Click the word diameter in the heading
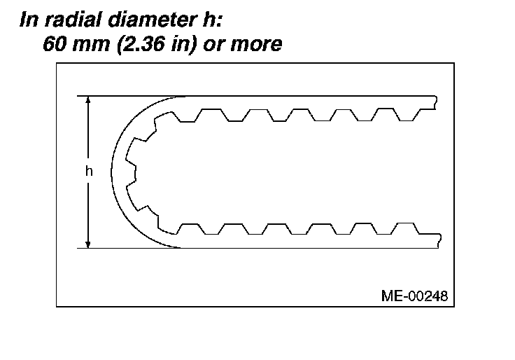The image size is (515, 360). [153, 20]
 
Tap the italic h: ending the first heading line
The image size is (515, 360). [213, 20]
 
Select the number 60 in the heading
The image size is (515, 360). [55, 43]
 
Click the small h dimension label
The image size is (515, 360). [89, 171]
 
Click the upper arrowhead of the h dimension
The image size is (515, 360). [87, 99]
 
